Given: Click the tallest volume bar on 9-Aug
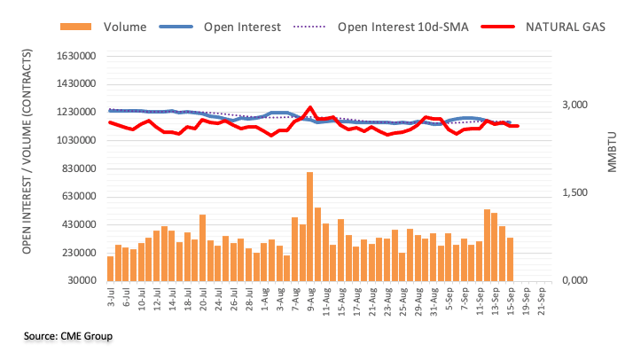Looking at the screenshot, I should click(x=309, y=226).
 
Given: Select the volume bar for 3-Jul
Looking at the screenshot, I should click(x=110, y=268).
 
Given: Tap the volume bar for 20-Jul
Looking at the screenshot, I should click(x=202, y=247).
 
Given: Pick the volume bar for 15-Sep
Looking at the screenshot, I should click(x=511, y=259).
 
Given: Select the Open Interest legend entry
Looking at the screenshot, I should click(x=239, y=27).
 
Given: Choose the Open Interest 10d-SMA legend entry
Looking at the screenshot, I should click(x=395, y=27).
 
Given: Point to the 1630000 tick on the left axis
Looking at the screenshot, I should click(x=75, y=57).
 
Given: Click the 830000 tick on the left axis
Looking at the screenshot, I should click(x=78, y=168).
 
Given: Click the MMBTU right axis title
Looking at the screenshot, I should click(x=613, y=151).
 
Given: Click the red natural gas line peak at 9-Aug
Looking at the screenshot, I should click(x=309, y=107).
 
